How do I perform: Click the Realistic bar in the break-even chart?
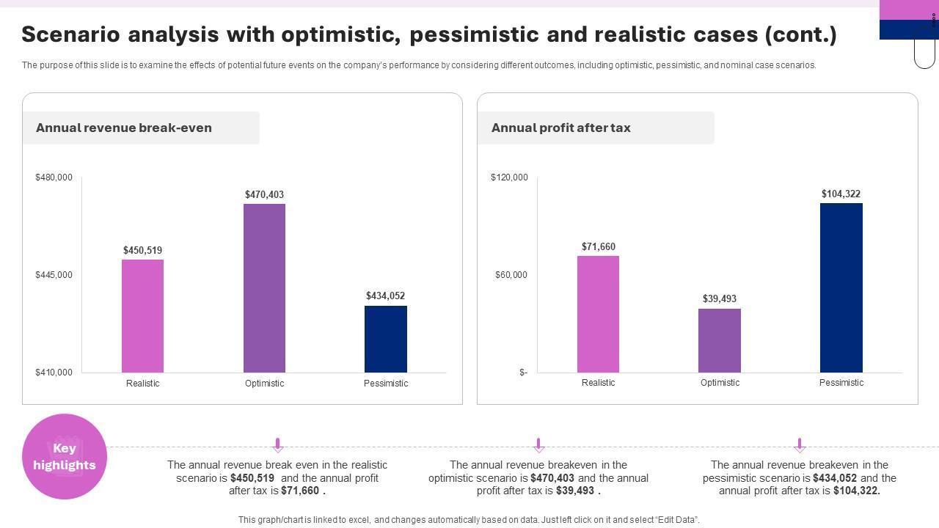[x=142, y=316]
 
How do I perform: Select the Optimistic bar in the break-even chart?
[x=264, y=288]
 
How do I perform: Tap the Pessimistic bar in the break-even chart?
[x=386, y=339]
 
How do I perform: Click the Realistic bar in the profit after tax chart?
[x=598, y=314]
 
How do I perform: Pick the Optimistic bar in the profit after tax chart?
[x=720, y=340]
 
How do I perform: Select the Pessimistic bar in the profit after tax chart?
[x=841, y=287]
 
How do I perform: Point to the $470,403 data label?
[x=264, y=195]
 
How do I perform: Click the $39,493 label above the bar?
[x=720, y=299]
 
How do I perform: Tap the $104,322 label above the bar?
[x=841, y=194]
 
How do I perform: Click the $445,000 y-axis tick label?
[x=54, y=275]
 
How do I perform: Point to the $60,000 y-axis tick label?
[x=511, y=275]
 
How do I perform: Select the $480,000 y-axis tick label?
[x=54, y=177]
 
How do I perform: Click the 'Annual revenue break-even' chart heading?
[x=124, y=128]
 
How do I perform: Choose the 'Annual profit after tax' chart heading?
[x=561, y=128]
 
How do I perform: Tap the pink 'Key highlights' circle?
[x=65, y=456]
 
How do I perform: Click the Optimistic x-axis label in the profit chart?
[x=720, y=383]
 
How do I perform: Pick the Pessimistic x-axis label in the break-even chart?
[x=386, y=384]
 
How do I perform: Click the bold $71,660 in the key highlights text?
[x=301, y=491]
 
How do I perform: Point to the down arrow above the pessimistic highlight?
[x=800, y=445]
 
